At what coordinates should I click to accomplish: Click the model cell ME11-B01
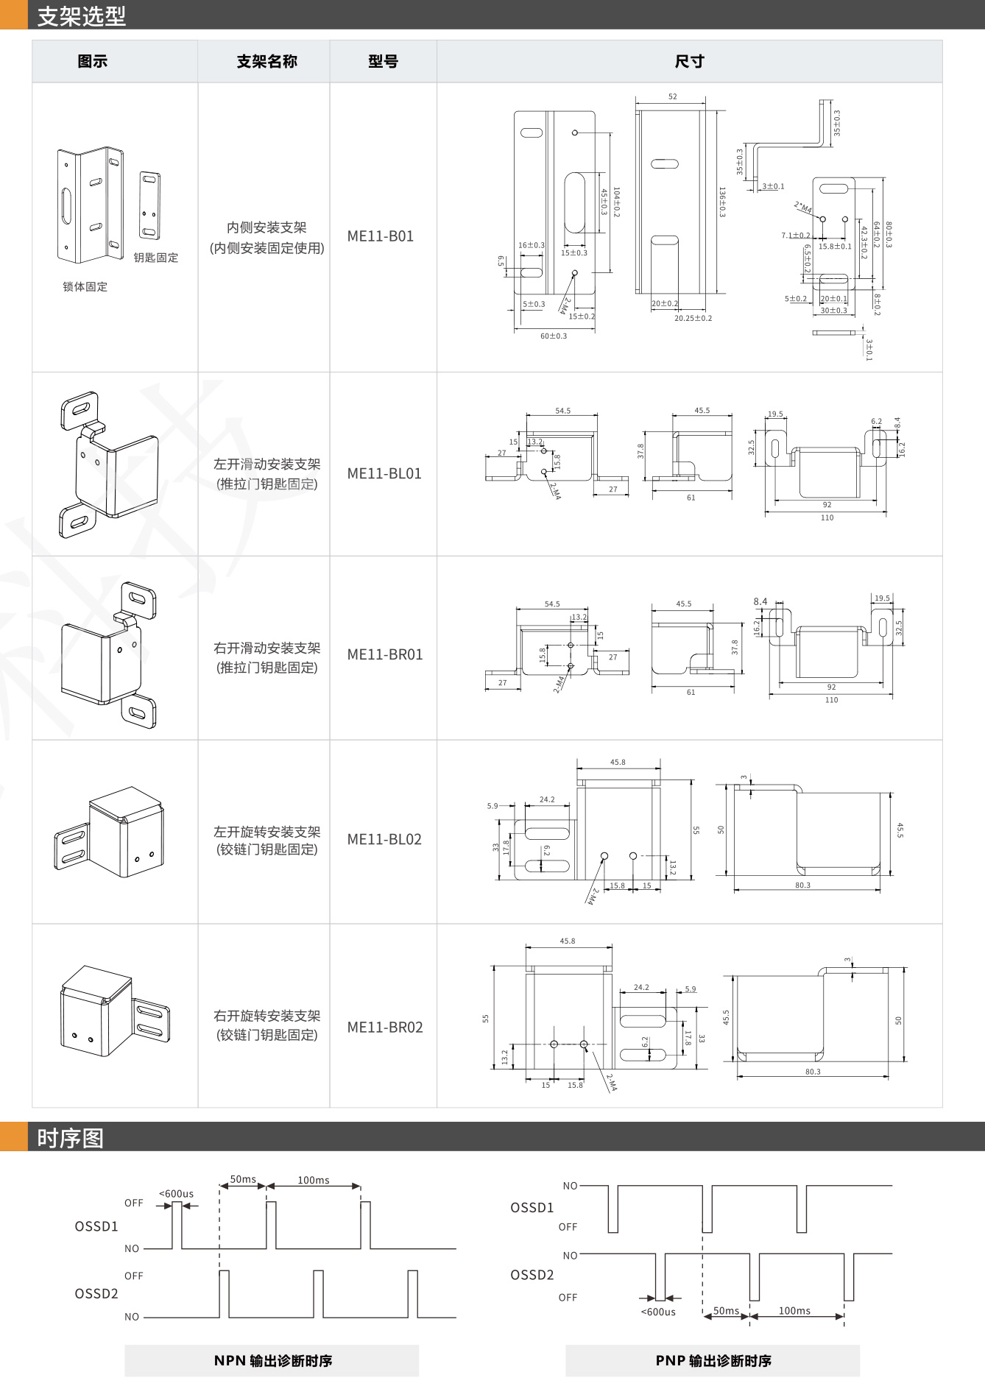381,236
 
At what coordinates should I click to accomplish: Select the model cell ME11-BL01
384,473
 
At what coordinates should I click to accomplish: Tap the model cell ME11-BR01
385,654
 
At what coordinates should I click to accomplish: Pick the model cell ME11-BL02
384,839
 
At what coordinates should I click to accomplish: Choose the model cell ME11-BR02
385,1027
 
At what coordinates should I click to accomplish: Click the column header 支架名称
266,62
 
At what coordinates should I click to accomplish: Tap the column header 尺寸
689,62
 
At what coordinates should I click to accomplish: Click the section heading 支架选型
82,15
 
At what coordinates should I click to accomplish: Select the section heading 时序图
71,1138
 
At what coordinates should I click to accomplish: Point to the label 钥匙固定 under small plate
156,258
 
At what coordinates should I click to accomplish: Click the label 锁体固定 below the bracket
85,287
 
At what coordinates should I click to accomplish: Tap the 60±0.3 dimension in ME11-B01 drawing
554,336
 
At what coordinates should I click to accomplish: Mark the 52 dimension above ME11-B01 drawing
672,96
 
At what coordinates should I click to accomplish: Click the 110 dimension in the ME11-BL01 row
827,517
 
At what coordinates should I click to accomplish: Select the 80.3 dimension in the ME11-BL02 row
802,885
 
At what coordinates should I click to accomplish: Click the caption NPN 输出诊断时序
272,1360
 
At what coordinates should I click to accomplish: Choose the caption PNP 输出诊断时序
713,1360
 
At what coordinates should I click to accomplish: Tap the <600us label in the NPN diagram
176,1194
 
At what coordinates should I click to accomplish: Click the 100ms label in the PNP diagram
794,1311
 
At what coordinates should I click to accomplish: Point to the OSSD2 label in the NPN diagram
96,1293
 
